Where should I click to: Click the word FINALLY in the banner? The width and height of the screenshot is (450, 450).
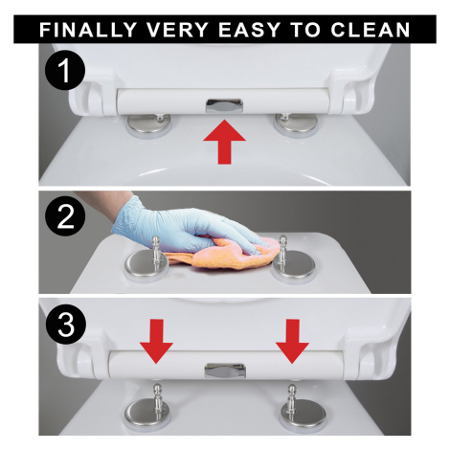point(87,30)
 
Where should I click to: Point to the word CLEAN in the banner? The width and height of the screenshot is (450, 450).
point(371,30)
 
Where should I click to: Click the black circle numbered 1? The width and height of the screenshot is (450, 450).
point(65,71)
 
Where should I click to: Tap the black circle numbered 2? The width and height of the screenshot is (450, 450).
point(65,217)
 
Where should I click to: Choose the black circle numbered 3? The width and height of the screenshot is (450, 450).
point(65,325)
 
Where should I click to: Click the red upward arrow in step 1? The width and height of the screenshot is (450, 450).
point(224,142)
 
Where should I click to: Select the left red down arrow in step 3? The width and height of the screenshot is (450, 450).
point(156,341)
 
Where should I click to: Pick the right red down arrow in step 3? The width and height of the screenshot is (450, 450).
point(292,341)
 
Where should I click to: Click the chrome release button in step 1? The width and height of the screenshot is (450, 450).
point(224,105)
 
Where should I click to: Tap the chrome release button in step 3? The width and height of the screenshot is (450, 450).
point(225,371)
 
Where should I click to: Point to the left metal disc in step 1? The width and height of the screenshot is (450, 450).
point(149,124)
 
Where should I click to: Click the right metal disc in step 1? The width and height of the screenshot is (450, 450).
point(296,123)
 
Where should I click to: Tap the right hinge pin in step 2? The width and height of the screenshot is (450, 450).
point(282,253)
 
